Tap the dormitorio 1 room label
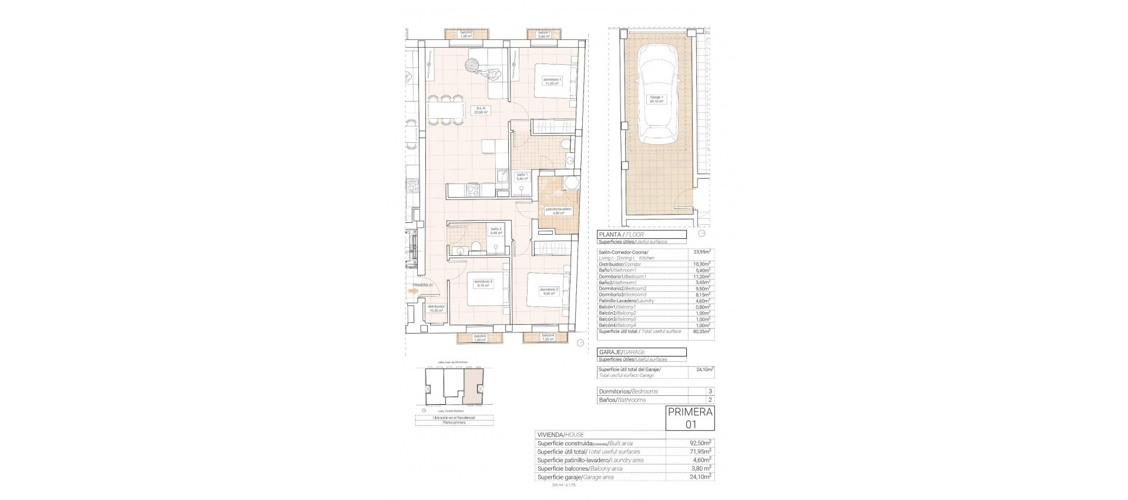tap(552, 82)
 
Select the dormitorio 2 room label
tap(549, 291)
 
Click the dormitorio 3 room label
tap(484, 283)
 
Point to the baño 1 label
tap(522, 176)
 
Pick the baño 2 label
tap(496, 231)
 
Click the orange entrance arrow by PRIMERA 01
tap(414, 290)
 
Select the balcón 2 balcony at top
tap(466, 34)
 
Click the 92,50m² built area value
tap(700, 443)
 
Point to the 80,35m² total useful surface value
tap(700, 332)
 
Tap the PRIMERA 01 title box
tap(690, 418)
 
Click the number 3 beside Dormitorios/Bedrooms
tap(710, 391)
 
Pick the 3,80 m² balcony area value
tap(700, 468)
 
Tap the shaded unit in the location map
tap(474, 388)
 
